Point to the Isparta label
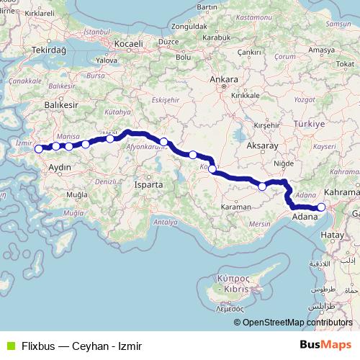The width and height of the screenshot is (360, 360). (149, 185)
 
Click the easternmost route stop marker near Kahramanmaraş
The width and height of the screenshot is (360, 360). (321, 208)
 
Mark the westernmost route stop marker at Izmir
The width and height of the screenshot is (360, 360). (39, 150)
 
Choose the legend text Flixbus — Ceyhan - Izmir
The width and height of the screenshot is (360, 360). (81, 346)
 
